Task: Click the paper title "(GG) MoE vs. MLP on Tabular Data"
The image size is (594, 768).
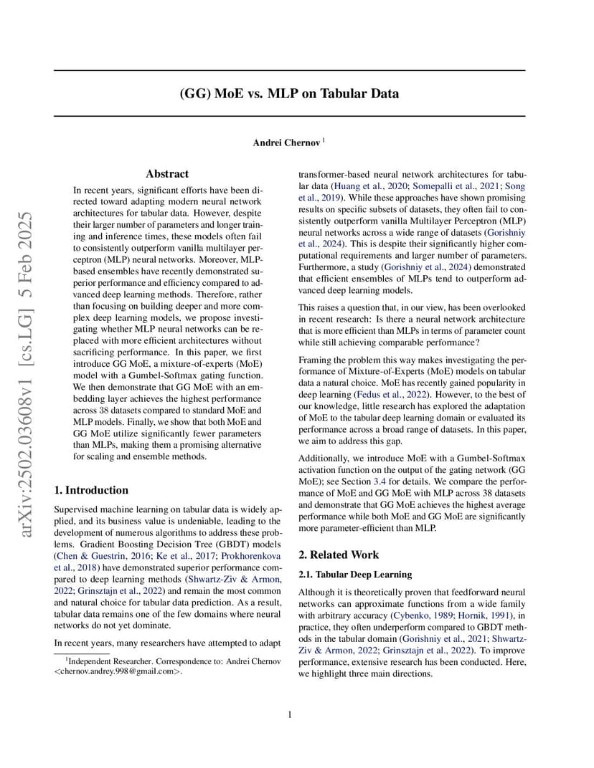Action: pyautogui.click(x=289, y=93)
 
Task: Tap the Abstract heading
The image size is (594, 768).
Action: pyautogui.click(x=167, y=174)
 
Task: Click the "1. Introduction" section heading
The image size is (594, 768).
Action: pyautogui.click(x=92, y=491)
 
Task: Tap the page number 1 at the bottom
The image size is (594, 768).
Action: pyautogui.click(x=290, y=714)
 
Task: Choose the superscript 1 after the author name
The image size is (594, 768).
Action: pyautogui.click(x=324, y=140)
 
